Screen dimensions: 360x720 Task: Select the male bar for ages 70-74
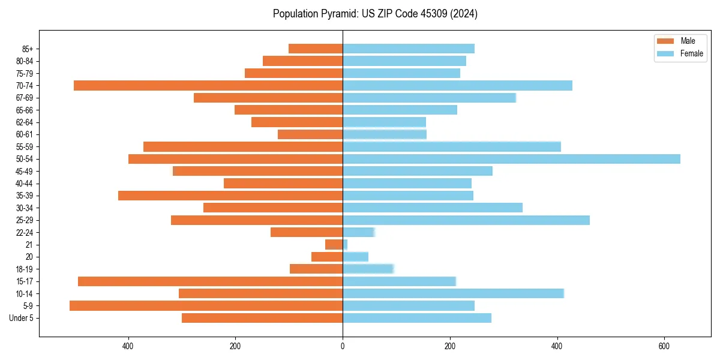pyautogui.click(x=208, y=86)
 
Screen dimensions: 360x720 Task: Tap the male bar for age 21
pyautogui.click(x=334, y=245)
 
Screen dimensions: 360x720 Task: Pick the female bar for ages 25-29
pyautogui.click(x=466, y=220)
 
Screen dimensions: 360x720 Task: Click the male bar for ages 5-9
pyautogui.click(x=206, y=306)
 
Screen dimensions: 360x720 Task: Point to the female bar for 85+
pyautogui.click(x=409, y=49)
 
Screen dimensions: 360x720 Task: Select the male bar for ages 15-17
pyautogui.click(x=210, y=281)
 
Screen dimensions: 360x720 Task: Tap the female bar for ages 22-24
pyautogui.click(x=358, y=232)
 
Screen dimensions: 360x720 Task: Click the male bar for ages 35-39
pyautogui.click(x=230, y=196)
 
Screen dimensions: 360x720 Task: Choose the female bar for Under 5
pyautogui.click(x=417, y=318)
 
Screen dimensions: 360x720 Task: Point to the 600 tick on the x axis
pyautogui.click(x=664, y=346)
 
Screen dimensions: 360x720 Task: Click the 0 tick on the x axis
pyautogui.click(x=343, y=346)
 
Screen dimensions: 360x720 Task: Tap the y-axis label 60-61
pyautogui.click(x=25, y=134)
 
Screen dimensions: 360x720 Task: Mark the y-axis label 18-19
pyautogui.click(x=25, y=269)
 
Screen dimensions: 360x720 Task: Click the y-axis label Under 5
pyautogui.click(x=22, y=318)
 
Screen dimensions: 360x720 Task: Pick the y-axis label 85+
pyautogui.click(x=28, y=49)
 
